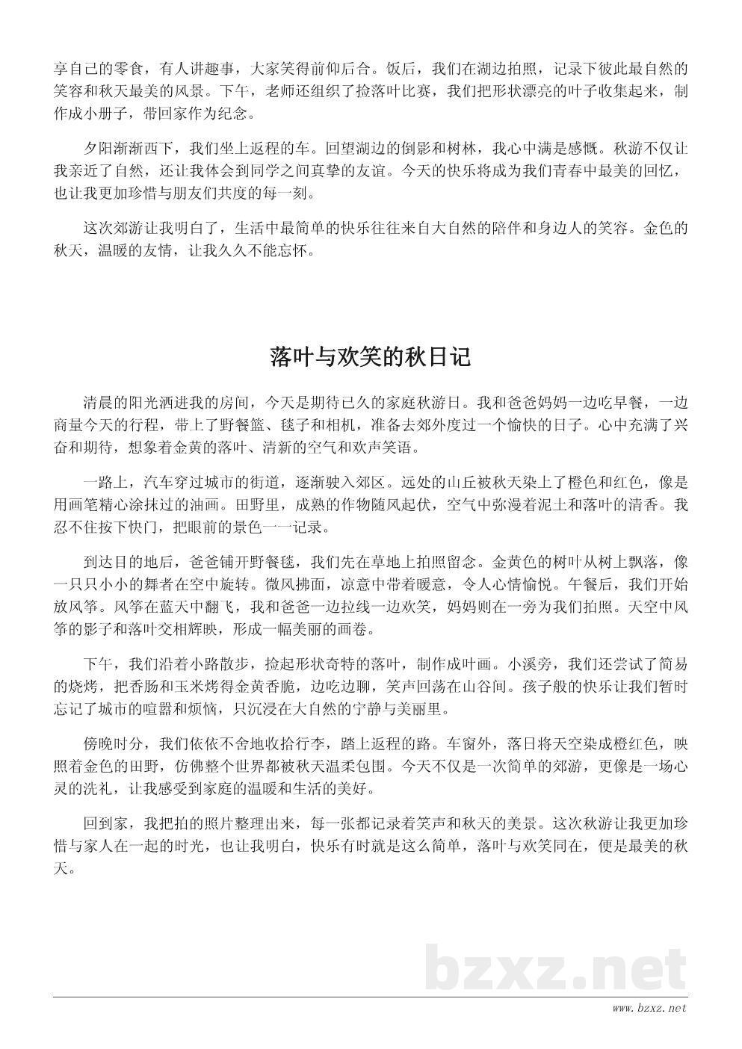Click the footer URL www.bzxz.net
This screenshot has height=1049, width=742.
tap(649, 1009)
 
